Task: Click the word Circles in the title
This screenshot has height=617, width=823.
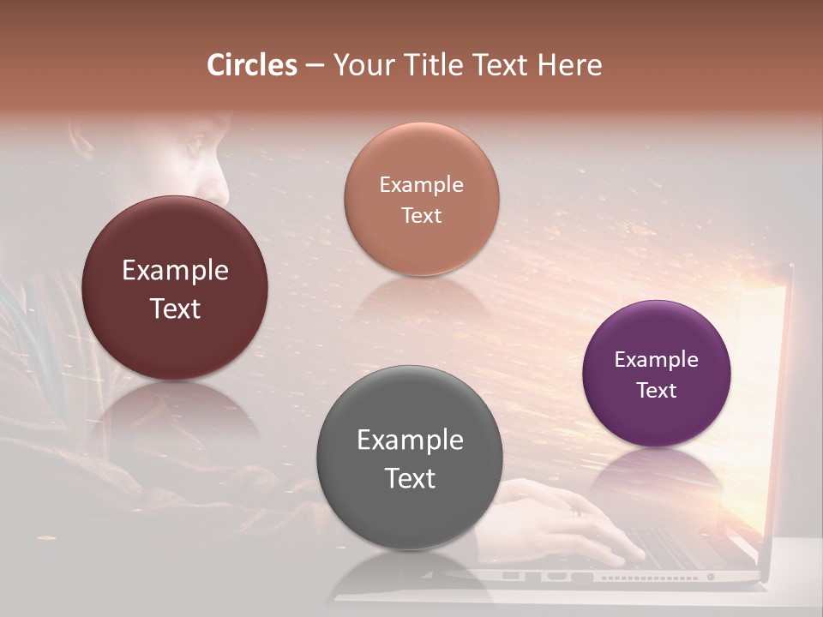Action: pos(252,65)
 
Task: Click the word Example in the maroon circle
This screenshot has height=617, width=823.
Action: pos(175,271)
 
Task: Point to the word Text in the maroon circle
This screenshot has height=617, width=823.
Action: pos(175,308)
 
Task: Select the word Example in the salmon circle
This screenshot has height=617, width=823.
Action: pos(421,185)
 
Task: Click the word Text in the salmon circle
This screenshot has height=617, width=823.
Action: pos(421,215)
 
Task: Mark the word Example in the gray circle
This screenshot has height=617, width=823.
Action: pos(410,440)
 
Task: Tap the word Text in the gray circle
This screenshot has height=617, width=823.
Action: pos(410,478)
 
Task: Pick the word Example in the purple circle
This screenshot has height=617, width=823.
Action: pos(656,360)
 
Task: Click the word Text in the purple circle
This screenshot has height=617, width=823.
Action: pos(656,390)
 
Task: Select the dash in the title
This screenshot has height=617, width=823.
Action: pos(315,66)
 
